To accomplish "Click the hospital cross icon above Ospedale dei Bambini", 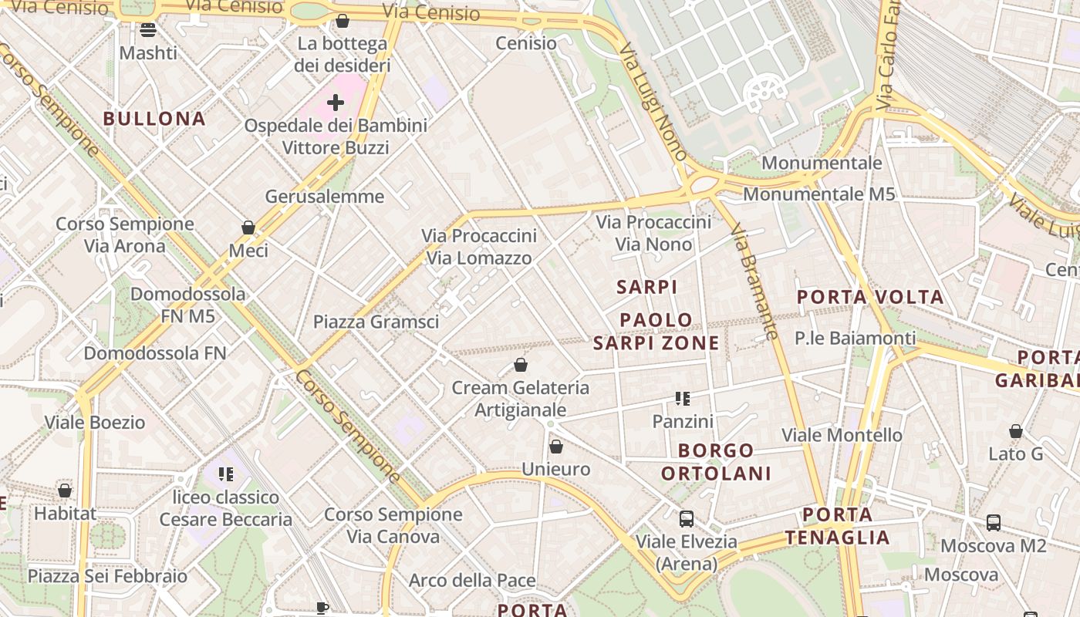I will click(x=336, y=102).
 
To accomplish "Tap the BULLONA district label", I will click(x=154, y=119).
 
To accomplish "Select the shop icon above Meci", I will click(x=248, y=228).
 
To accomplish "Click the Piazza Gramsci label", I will click(x=376, y=322).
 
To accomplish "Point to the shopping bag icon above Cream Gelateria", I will click(x=521, y=365).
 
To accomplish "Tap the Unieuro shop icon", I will click(x=556, y=447).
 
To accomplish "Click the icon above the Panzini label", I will click(x=683, y=399).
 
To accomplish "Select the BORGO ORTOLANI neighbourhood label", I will click(x=717, y=462).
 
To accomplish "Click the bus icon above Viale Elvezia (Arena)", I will click(x=686, y=519).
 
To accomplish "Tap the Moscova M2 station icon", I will click(x=994, y=523).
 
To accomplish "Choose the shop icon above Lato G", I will click(x=1016, y=431).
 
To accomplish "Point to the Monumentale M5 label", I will click(x=818, y=194).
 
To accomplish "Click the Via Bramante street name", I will click(x=754, y=282).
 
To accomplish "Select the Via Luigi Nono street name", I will click(x=653, y=101).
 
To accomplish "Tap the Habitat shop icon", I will click(x=65, y=491).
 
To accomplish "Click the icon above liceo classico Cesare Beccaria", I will click(x=225, y=474).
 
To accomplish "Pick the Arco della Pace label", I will click(x=472, y=580).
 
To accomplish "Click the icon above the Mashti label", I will click(x=148, y=30).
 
